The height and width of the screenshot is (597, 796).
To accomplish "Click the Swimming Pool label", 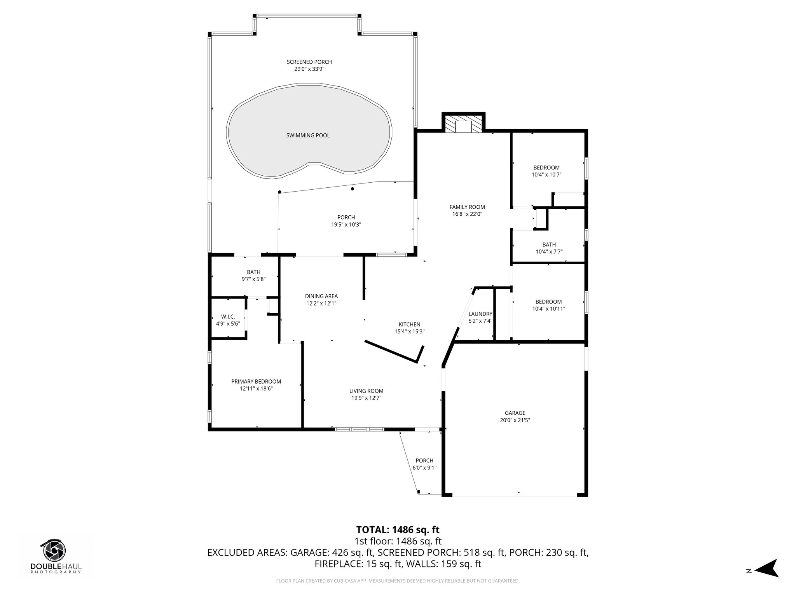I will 308,135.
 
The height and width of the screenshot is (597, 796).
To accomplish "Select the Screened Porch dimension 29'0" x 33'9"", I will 309,69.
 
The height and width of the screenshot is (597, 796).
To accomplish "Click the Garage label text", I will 515,413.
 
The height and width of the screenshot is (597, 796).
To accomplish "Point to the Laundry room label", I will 480,314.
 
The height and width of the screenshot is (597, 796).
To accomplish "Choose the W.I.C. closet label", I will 228,317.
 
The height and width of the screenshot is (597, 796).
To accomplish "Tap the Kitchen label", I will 409,325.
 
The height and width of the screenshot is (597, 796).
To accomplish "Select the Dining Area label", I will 321,296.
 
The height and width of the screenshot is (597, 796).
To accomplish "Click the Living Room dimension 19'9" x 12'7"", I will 366,398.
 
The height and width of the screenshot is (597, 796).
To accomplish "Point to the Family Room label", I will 467,207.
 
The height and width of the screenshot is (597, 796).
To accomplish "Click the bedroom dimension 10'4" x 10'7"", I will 546,175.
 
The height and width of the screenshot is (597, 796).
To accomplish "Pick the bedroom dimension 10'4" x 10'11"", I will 548,309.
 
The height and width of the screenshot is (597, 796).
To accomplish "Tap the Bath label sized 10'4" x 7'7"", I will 549,244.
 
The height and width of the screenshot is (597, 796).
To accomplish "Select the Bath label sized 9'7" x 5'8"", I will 253,272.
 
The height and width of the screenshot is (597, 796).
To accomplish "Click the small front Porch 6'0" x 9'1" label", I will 424,461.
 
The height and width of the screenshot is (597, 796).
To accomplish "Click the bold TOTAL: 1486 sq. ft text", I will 398,529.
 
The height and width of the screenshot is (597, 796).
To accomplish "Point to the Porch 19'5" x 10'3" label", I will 346,217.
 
